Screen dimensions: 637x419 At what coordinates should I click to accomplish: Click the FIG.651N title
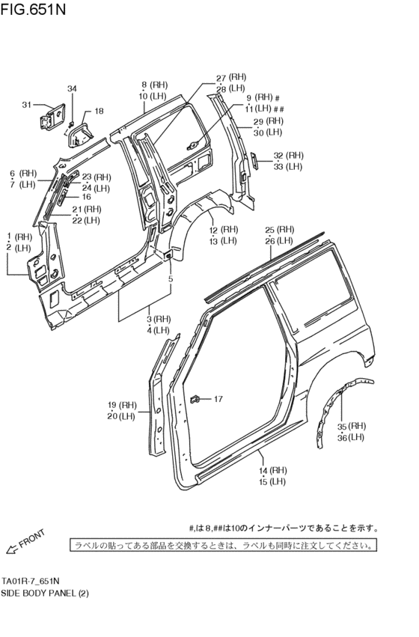pyautogui.click(x=33, y=10)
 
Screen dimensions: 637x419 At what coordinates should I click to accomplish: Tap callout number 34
pyautogui.click(x=72, y=89)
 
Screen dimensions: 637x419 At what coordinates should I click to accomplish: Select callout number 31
pyautogui.click(x=27, y=104)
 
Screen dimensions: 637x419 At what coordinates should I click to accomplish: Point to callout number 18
pyautogui.click(x=99, y=112)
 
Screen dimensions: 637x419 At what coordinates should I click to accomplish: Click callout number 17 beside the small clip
pyautogui.click(x=218, y=399)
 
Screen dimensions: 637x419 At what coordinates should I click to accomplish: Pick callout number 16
pyautogui.click(x=86, y=197)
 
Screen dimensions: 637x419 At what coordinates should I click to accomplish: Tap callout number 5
pyautogui.click(x=171, y=279)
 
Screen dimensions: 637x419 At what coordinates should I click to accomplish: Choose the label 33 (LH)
pyautogui.click(x=288, y=166)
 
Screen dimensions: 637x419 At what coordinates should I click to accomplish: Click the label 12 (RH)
pyautogui.click(x=223, y=230)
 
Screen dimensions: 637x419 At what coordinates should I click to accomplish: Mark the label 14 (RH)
pyautogui.click(x=273, y=471)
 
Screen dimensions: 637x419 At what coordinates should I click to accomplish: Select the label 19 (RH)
pyautogui.click(x=123, y=405)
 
